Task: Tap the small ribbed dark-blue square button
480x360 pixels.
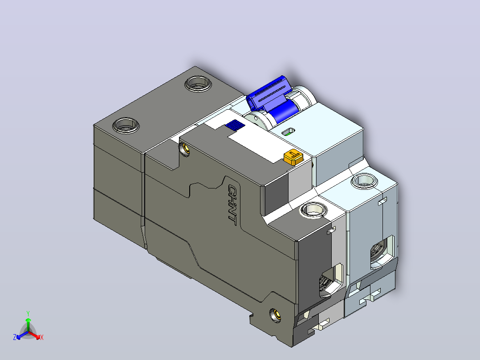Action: coord(235,125)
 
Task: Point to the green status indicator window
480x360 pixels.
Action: coord(288,132)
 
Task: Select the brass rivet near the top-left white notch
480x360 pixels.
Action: coord(185,150)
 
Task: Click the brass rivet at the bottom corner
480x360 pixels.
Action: coord(275,315)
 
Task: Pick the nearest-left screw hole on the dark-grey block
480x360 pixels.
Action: coord(126,125)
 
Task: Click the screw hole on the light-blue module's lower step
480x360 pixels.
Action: coord(364,180)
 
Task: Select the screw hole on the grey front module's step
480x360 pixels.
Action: coord(313,210)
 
